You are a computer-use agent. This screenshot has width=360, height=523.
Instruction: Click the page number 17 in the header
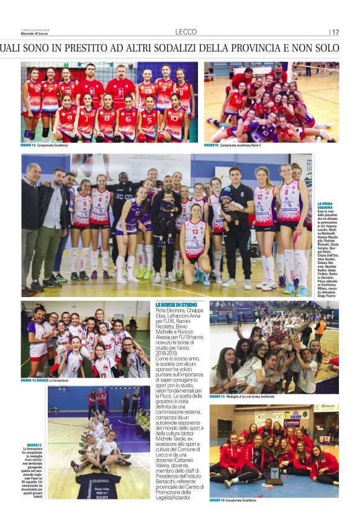click(x=335, y=32)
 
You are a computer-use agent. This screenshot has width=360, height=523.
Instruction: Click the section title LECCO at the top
click(x=186, y=32)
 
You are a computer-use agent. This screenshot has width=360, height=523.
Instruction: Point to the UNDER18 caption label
click(x=211, y=145)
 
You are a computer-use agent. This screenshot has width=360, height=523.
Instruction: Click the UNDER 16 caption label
click(x=217, y=499)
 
